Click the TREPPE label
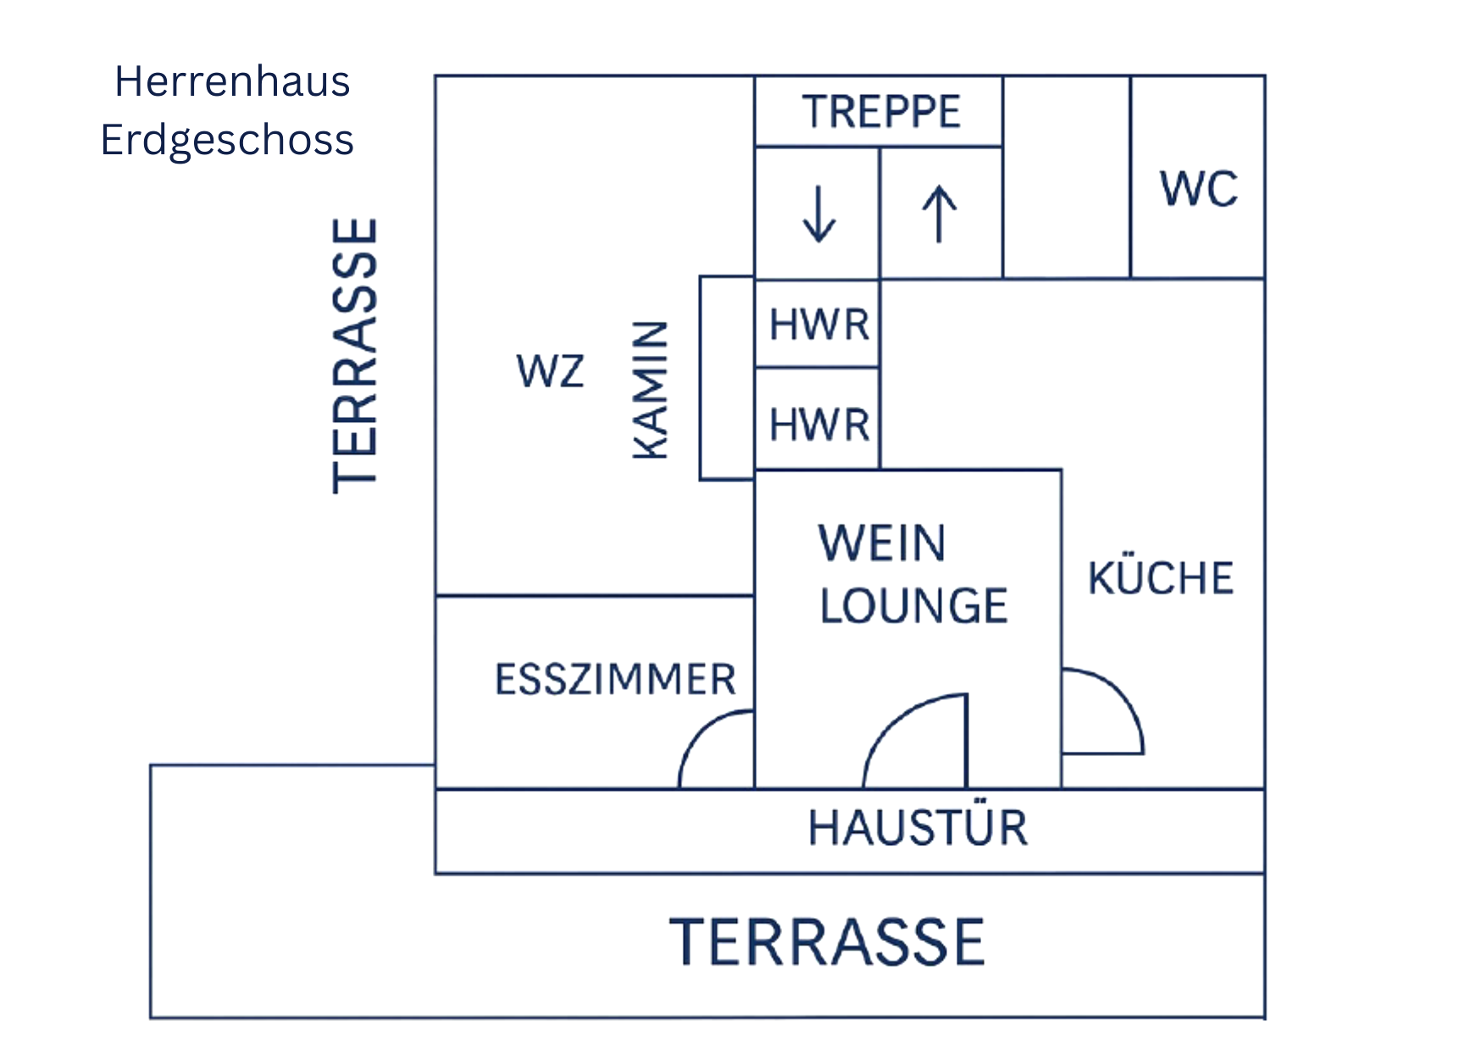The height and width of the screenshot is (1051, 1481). pyautogui.click(x=881, y=112)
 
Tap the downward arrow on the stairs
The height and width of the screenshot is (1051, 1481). pyautogui.click(x=818, y=214)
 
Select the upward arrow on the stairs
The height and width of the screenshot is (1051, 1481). pyautogui.click(x=940, y=214)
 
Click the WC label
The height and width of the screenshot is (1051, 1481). pyautogui.click(x=1198, y=189)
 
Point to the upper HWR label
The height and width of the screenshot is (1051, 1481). pyautogui.click(x=819, y=325)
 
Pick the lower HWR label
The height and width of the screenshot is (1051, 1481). pyautogui.click(x=819, y=425)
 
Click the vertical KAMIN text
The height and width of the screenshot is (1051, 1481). pyautogui.click(x=652, y=390)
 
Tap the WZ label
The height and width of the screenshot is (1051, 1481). pyautogui.click(x=551, y=371)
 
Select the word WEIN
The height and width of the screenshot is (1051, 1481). pyautogui.click(x=881, y=543)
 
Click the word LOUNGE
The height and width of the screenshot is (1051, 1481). pyautogui.click(x=913, y=606)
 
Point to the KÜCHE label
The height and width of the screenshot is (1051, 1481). pyautogui.click(x=1161, y=579)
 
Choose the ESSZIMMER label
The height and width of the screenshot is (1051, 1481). pyautogui.click(x=615, y=680)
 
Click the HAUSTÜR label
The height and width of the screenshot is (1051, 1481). pyautogui.click(x=918, y=828)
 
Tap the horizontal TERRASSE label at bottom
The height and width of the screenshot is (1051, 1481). pyautogui.click(x=827, y=943)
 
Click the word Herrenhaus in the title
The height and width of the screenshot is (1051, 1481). pyautogui.click(x=232, y=82)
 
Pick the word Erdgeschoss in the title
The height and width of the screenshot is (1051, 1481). pyautogui.click(x=227, y=140)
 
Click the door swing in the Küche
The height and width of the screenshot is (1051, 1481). pyautogui.click(x=1118, y=699)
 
